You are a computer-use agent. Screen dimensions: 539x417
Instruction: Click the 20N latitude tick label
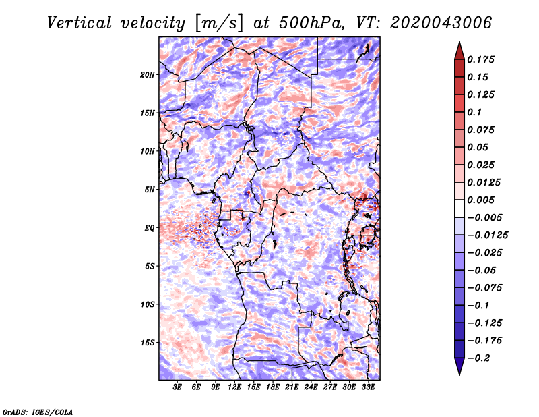pos(148,74)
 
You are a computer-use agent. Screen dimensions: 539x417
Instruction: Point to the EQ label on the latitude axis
pos(150,227)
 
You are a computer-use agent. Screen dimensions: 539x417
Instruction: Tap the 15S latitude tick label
pos(148,343)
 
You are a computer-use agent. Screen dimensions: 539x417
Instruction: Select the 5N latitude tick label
pos(150,190)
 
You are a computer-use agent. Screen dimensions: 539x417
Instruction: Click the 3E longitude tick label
pos(177,387)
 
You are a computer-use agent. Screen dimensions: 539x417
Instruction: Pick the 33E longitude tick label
pos(368,387)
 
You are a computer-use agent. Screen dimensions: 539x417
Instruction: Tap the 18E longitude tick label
pos(273,387)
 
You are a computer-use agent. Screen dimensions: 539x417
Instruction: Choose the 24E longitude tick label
pos(311,387)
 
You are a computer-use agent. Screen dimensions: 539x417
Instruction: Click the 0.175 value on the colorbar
pos(481,59)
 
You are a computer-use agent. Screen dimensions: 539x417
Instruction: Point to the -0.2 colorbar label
pos(478,358)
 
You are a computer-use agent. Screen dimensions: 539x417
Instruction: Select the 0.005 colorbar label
pos(481,200)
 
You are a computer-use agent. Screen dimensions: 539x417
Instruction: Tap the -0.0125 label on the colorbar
pos(488,235)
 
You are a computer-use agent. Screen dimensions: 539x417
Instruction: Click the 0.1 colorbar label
pos(474,112)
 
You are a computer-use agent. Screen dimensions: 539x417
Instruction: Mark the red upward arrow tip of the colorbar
pos(459,42)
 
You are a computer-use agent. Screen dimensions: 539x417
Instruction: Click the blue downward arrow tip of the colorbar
pos(459,374)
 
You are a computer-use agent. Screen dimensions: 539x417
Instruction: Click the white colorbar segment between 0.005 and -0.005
pos(459,208)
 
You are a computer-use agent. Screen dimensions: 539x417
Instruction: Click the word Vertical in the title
pos(80,23)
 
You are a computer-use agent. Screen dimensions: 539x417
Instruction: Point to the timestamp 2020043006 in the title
pos(441,23)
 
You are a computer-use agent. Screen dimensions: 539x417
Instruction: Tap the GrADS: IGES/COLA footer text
pos(38,412)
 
